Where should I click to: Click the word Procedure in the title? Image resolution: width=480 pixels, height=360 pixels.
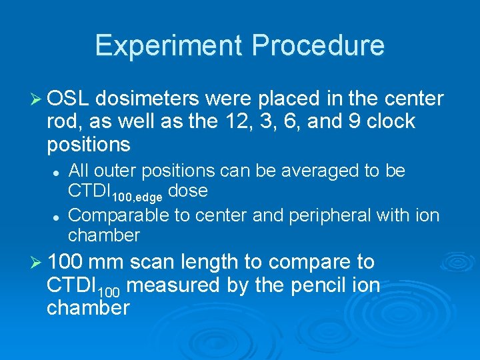[318, 45]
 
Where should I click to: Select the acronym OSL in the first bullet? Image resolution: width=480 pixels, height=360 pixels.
[69, 99]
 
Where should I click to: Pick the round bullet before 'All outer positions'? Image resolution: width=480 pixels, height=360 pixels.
[58, 172]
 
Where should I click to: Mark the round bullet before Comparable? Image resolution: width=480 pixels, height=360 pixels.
[58, 216]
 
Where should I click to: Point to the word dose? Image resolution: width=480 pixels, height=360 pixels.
[188, 191]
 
